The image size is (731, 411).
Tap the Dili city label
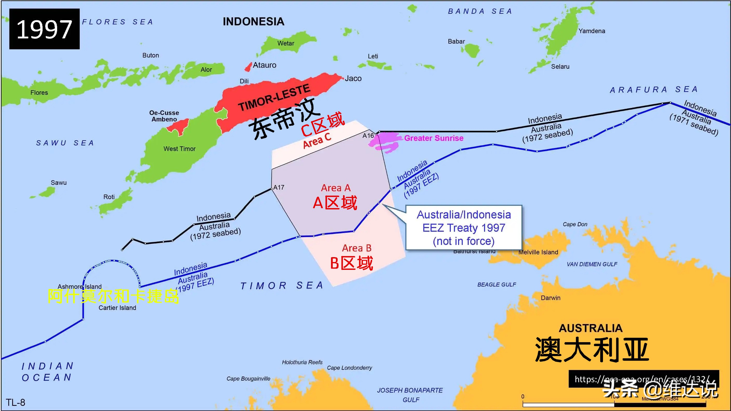(244, 81)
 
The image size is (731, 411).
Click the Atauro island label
(264, 65)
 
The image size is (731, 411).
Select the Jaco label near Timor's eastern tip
(353, 79)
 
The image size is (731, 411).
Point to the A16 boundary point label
(368, 136)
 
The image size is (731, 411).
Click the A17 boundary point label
(279, 187)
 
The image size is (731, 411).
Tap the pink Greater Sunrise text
(434, 138)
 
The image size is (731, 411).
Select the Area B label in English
(357, 248)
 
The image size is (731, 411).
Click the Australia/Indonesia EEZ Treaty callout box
(464, 228)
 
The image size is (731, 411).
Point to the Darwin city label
(551, 298)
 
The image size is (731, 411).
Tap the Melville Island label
(538, 252)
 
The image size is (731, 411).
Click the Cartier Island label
(117, 308)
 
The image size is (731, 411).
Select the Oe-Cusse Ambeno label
(164, 116)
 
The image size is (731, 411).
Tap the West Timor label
(179, 149)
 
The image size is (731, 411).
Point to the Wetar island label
(285, 43)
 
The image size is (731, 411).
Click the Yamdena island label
(592, 31)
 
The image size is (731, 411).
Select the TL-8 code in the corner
(16, 402)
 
